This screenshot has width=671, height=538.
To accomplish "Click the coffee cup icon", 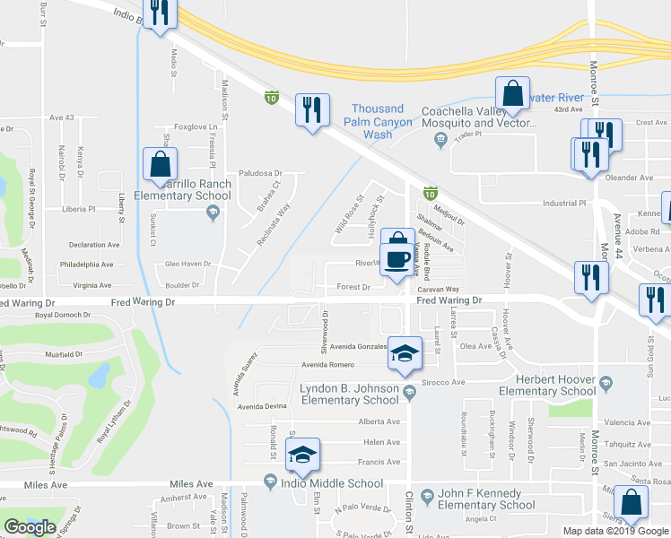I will click(x=396, y=259).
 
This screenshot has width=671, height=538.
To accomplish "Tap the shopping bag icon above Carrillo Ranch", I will click(x=160, y=164).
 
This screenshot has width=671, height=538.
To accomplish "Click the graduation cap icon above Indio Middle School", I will click(x=302, y=456).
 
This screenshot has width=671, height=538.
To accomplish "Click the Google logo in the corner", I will click(x=30, y=527).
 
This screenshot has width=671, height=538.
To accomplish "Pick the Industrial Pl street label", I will click(x=564, y=204).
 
